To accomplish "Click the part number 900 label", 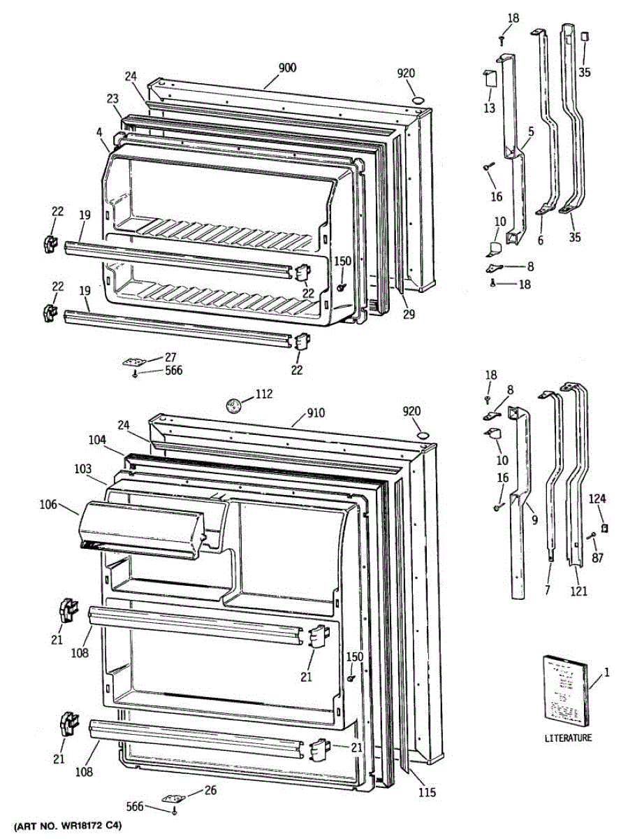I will tap(287, 68).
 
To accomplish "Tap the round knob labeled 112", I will tap(234, 403).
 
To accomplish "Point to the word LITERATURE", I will tap(569, 738).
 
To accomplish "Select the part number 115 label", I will tap(428, 792).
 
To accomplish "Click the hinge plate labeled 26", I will tap(171, 798).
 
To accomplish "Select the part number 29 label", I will tap(409, 315).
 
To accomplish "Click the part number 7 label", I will tap(548, 591).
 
